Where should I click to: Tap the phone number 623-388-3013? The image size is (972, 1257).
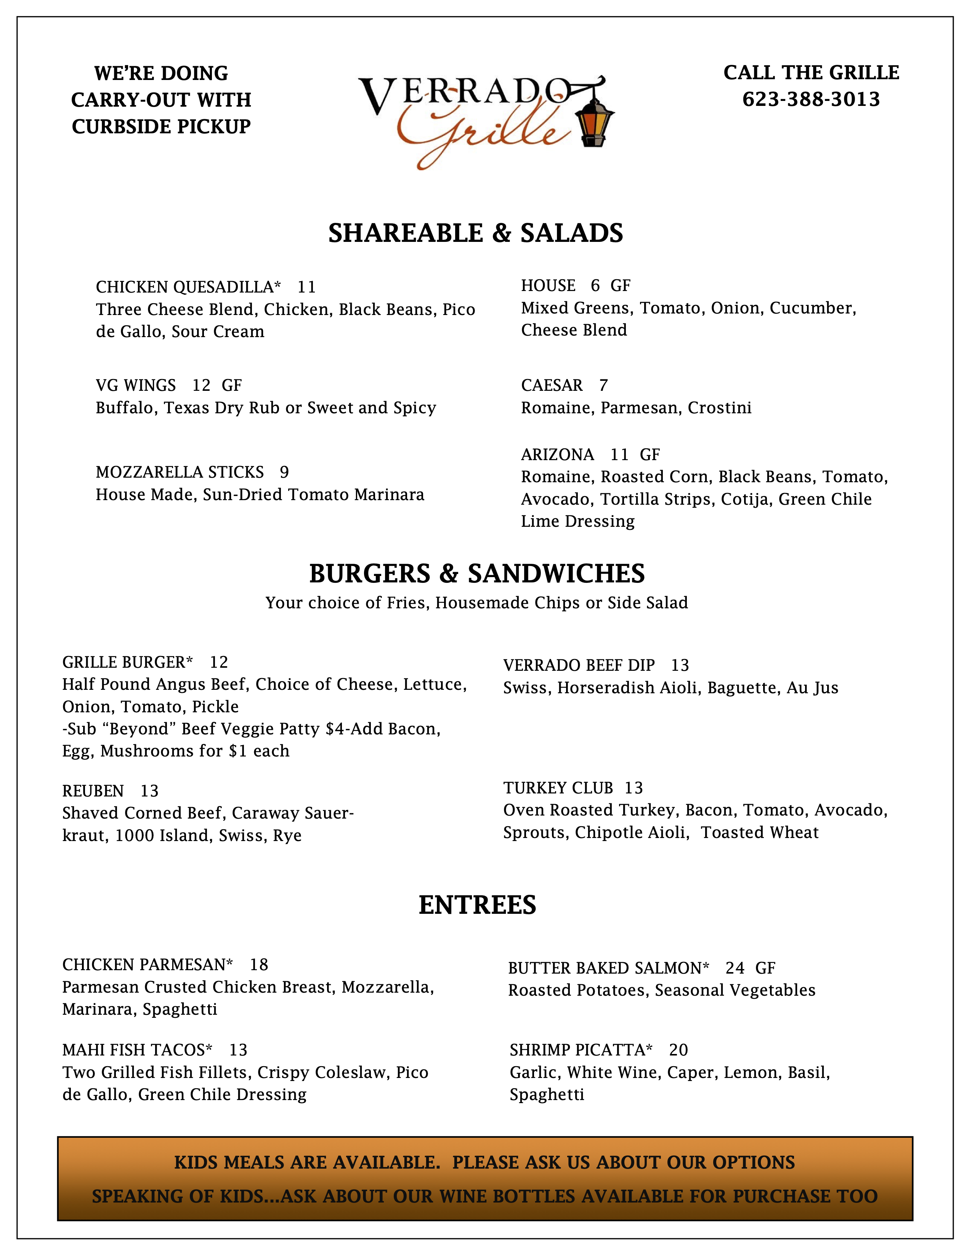click(811, 99)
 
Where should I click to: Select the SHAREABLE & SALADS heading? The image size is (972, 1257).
click(476, 233)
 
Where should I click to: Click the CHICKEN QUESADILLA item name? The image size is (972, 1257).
click(188, 286)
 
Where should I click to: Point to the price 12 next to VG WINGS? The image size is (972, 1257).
click(202, 385)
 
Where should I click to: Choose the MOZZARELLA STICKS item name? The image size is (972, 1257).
click(180, 472)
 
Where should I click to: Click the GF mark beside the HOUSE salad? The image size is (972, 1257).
click(620, 285)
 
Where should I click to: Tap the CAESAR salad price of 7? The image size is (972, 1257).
click(603, 385)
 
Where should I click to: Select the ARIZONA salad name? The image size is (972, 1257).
click(557, 455)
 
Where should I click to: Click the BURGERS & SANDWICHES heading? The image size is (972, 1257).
click(477, 574)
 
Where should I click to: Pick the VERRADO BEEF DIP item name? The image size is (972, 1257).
click(579, 665)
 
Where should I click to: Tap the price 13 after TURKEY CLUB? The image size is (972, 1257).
click(634, 788)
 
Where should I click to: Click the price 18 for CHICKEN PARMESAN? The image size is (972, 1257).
click(259, 964)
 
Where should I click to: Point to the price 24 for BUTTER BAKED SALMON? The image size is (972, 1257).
click(735, 968)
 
